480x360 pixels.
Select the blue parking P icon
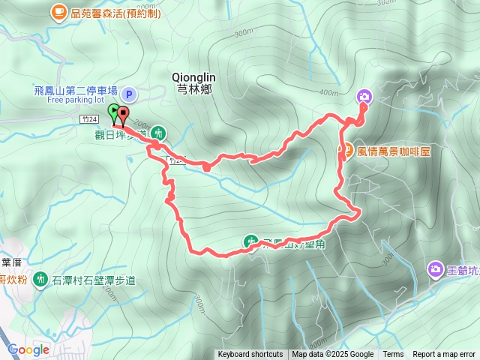128,94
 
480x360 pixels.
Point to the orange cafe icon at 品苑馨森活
58,11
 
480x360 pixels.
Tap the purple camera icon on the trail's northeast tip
364,96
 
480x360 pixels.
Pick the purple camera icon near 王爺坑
436,268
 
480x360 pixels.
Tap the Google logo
28,349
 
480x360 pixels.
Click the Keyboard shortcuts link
250,355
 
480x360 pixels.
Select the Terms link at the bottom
393,355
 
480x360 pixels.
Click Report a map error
444,355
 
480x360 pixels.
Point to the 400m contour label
328,93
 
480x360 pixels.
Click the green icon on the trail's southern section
250,241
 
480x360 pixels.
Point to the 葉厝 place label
10,262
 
